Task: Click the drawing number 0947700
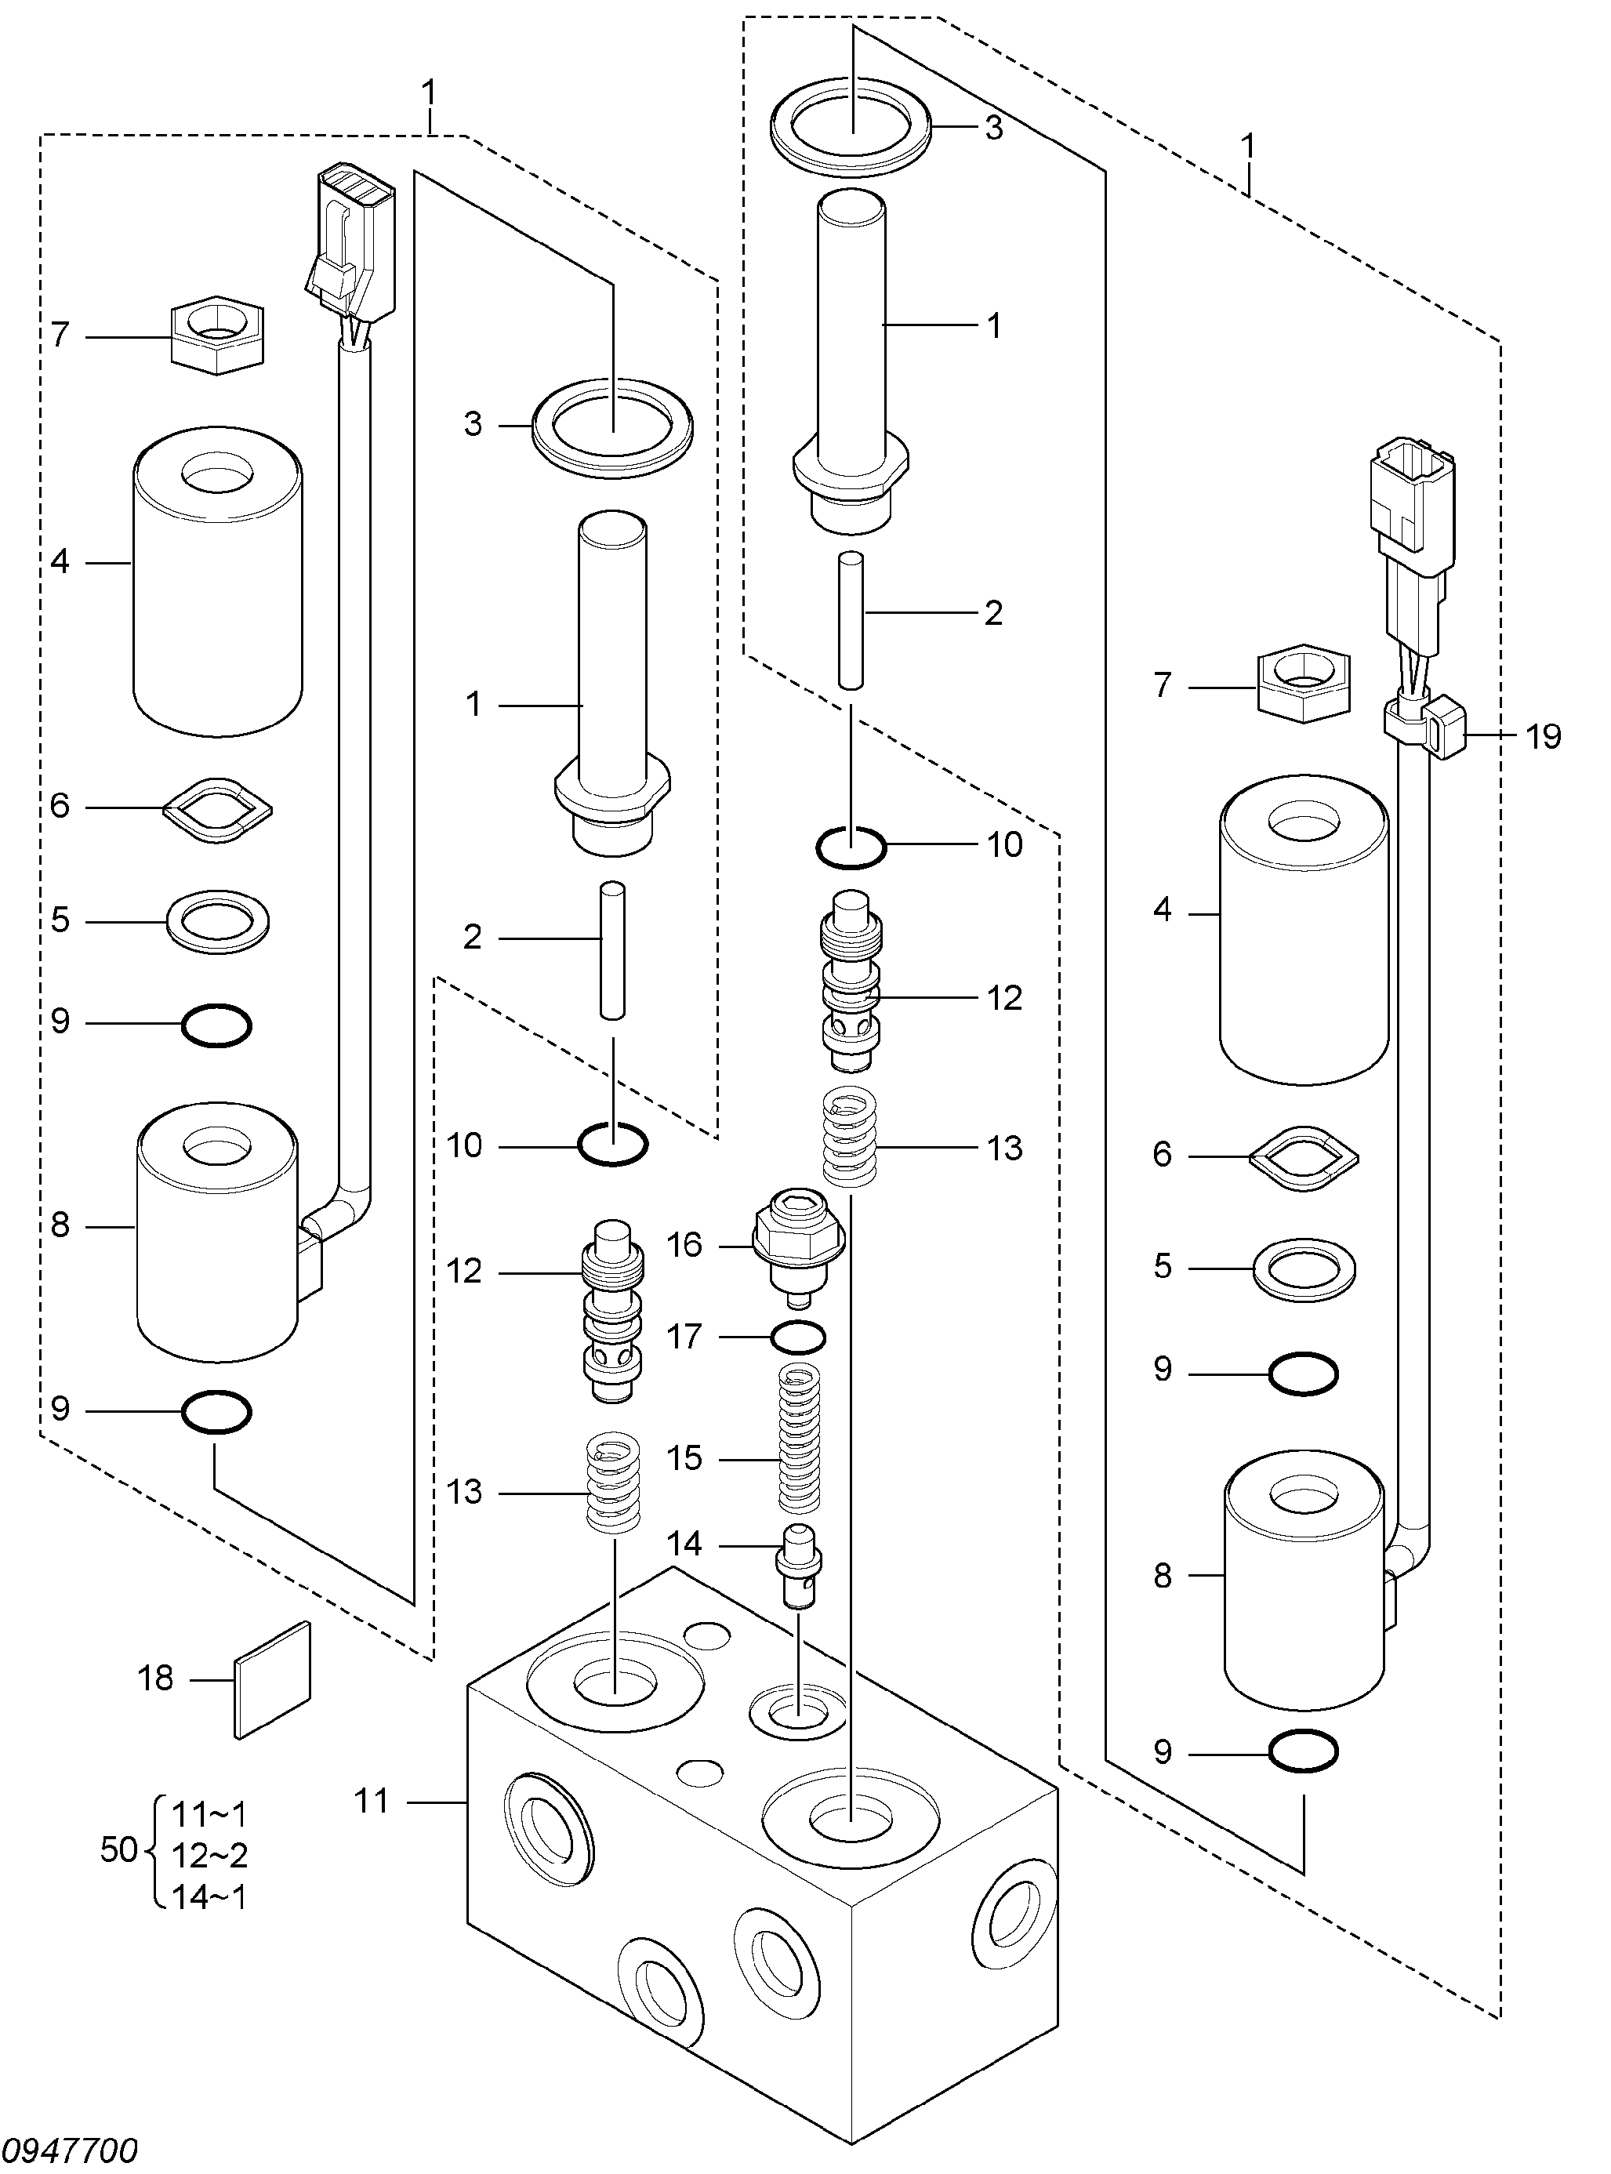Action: pyautogui.click(x=71, y=2150)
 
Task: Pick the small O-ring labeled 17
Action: pyautogui.click(x=799, y=1337)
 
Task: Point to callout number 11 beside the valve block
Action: pyautogui.click(x=372, y=1802)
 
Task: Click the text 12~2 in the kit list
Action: pyautogui.click(x=209, y=1855)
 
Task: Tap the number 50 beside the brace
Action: pyautogui.click(x=119, y=1849)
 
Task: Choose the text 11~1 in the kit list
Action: pyautogui.click(x=209, y=1814)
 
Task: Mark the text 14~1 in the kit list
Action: pyautogui.click(x=209, y=1897)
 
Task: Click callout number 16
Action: pyautogui.click(x=684, y=1246)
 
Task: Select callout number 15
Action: pyautogui.click(x=684, y=1459)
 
